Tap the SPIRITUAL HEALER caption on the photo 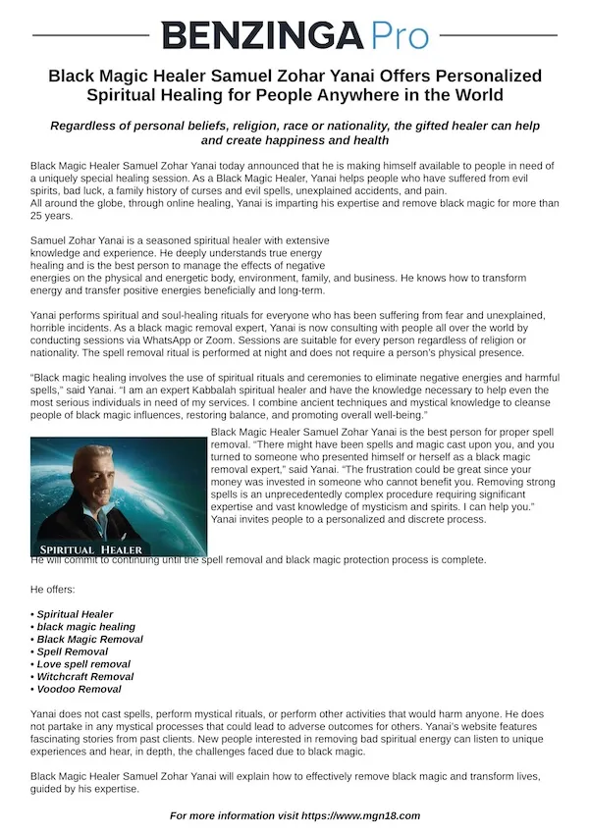tap(91, 549)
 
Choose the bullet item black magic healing tap(85, 627)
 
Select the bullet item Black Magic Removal tap(89, 640)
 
